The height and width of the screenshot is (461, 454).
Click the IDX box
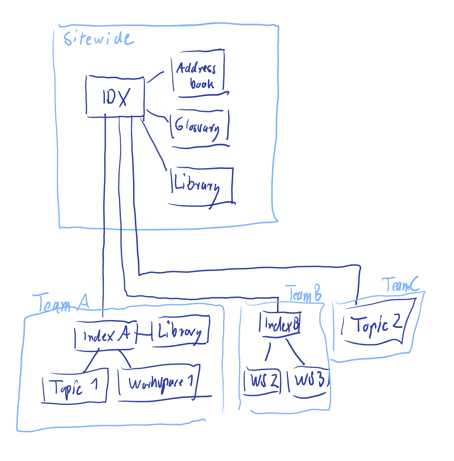pyautogui.click(x=115, y=97)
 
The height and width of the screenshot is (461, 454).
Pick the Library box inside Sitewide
pyautogui.click(x=202, y=186)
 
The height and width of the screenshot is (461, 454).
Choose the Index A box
pyautogui.click(x=106, y=336)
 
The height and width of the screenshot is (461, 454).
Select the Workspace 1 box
pyautogui.click(x=159, y=383)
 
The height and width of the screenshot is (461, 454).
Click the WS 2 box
pyautogui.click(x=262, y=381)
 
